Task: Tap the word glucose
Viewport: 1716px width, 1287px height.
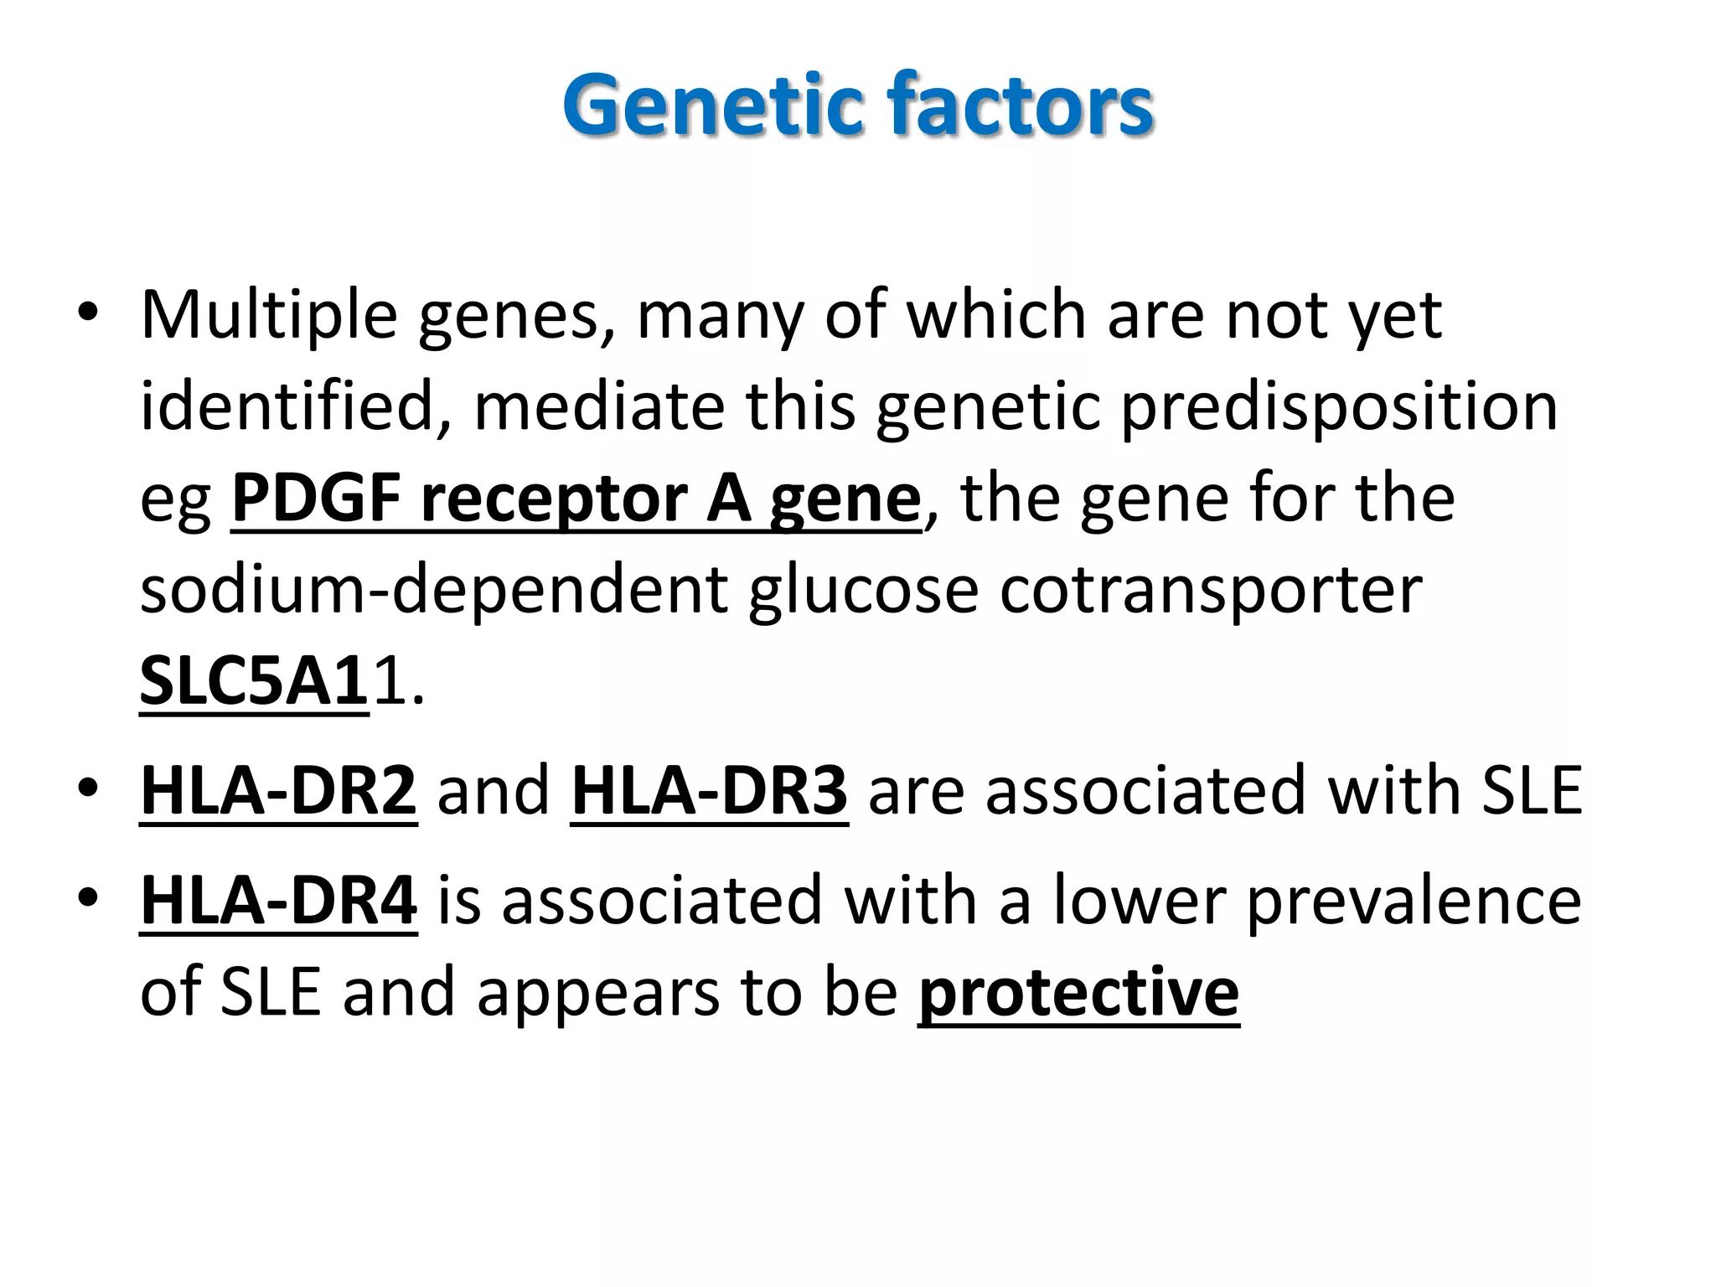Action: [863, 591]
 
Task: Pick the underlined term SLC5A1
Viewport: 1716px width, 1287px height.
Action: [254, 682]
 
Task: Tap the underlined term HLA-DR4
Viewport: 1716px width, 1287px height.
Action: [278, 901]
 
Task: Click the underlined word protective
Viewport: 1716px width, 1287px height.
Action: [1078, 993]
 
